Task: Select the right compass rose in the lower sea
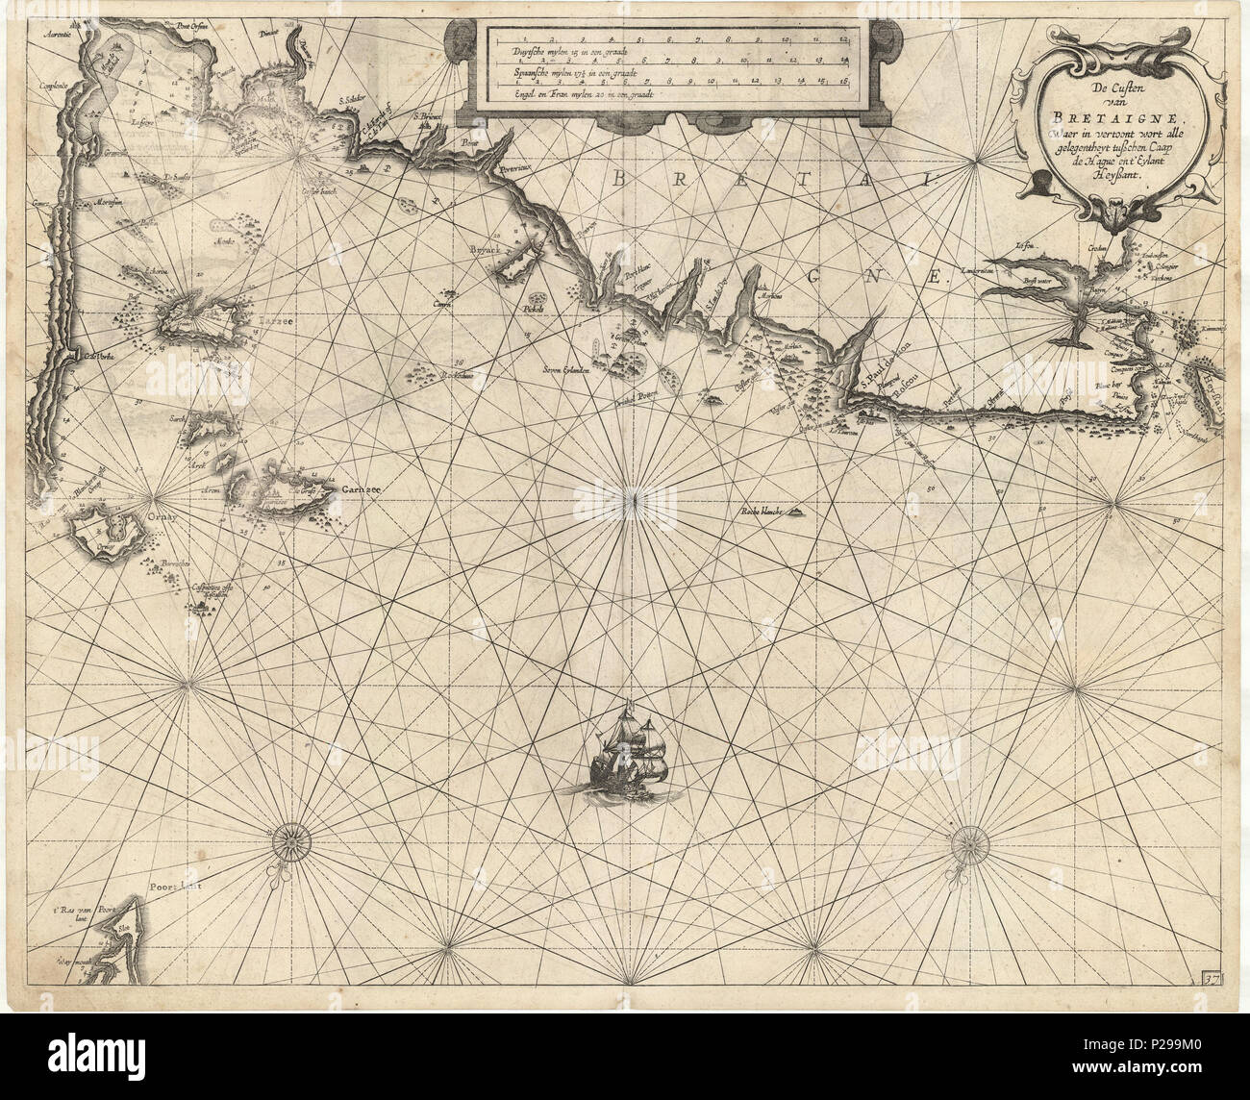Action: (x=966, y=842)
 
